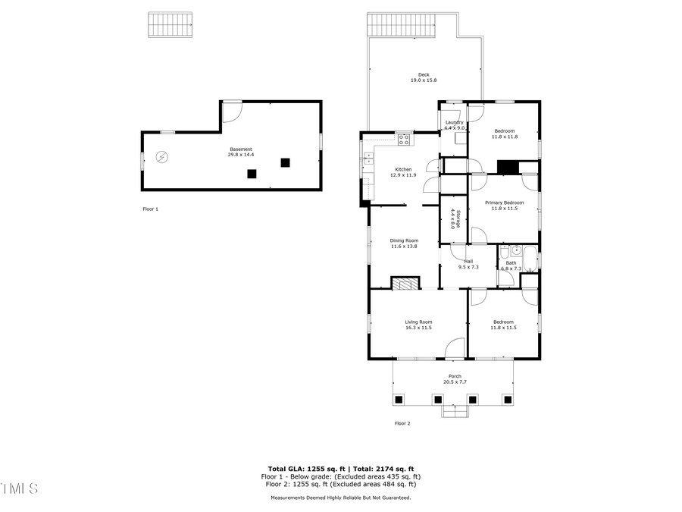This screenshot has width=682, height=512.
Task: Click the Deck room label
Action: pos(424,74)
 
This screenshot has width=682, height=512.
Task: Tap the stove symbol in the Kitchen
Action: pos(404,139)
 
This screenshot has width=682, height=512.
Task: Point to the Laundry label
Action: pos(454,122)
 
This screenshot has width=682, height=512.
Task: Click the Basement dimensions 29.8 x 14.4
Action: pos(241,155)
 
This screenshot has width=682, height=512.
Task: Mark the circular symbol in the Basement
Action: pos(161,157)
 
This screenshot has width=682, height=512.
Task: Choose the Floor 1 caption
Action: pos(151,209)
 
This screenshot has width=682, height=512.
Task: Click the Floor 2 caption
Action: pos(402,423)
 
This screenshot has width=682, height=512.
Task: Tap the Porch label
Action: pos(455,376)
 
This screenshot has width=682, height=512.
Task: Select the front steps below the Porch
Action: pos(454,411)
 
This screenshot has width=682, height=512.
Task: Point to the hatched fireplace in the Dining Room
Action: pos(405,283)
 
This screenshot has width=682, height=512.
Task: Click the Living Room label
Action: pos(418,322)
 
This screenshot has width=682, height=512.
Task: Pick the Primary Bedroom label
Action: pos(505,203)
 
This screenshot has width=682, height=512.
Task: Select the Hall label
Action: pos(468,261)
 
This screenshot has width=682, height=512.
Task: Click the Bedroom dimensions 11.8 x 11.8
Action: pos(505,137)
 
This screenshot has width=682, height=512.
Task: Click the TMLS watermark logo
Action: pos(20,488)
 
